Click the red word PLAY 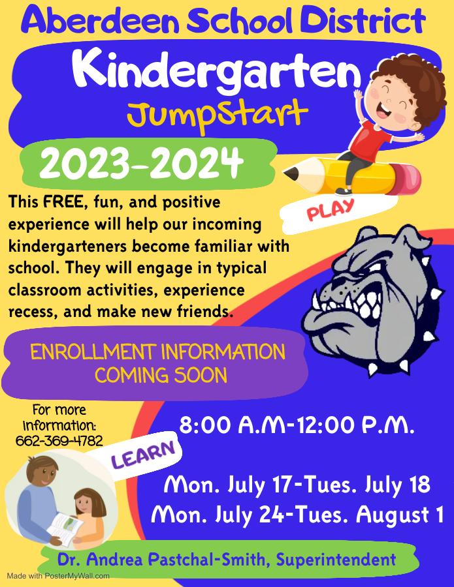(331, 209)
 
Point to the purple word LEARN (144, 455)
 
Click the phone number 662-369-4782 (59, 441)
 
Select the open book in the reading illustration (69, 526)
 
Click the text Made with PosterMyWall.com (58, 576)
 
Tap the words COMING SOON (161, 376)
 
